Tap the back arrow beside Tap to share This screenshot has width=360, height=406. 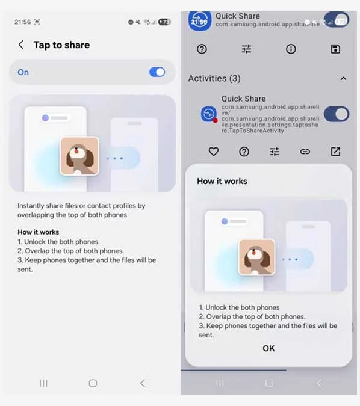pyautogui.click(x=21, y=45)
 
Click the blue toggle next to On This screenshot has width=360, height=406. pyautogui.click(x=157, y=72)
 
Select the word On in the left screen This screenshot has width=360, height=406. pyautogui.click(x=23, y=72)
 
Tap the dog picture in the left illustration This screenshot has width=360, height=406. pyautogui.click(x=79, y=156)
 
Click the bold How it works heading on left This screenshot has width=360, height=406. pyautogui.click(x=39, y=232)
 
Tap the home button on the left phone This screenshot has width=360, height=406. pyautogui.click(x=93, y=383)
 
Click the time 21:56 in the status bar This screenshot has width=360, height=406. pyautogui.click(x=22, y=22)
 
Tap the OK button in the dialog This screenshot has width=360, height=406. pyautogui.click(x=268, y=348)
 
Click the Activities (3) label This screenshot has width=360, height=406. pyautogui.click(x=215, y=78)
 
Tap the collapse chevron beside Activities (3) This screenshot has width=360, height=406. pyautogui.click(x=343, y=78)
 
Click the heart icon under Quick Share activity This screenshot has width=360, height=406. pyautogui.click(x=214, y=152)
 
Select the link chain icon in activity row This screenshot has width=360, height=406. pyautogui.click(x=305, y=152)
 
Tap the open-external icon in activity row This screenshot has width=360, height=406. pyautogui.click(x=335, y=152)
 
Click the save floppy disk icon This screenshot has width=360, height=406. pyautogui.click(x=335, y=49)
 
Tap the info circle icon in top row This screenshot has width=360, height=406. pyautogui.click(x=291, y=49)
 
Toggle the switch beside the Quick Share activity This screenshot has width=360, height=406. pyautogui.click(x=336, y=114)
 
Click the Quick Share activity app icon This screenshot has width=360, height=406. pyautogui.click(x=208, y=114)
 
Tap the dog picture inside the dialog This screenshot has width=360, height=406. pyautogui.click(x=256, y=257)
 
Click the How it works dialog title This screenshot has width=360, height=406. pyautogui.click(x=222, y=181)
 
